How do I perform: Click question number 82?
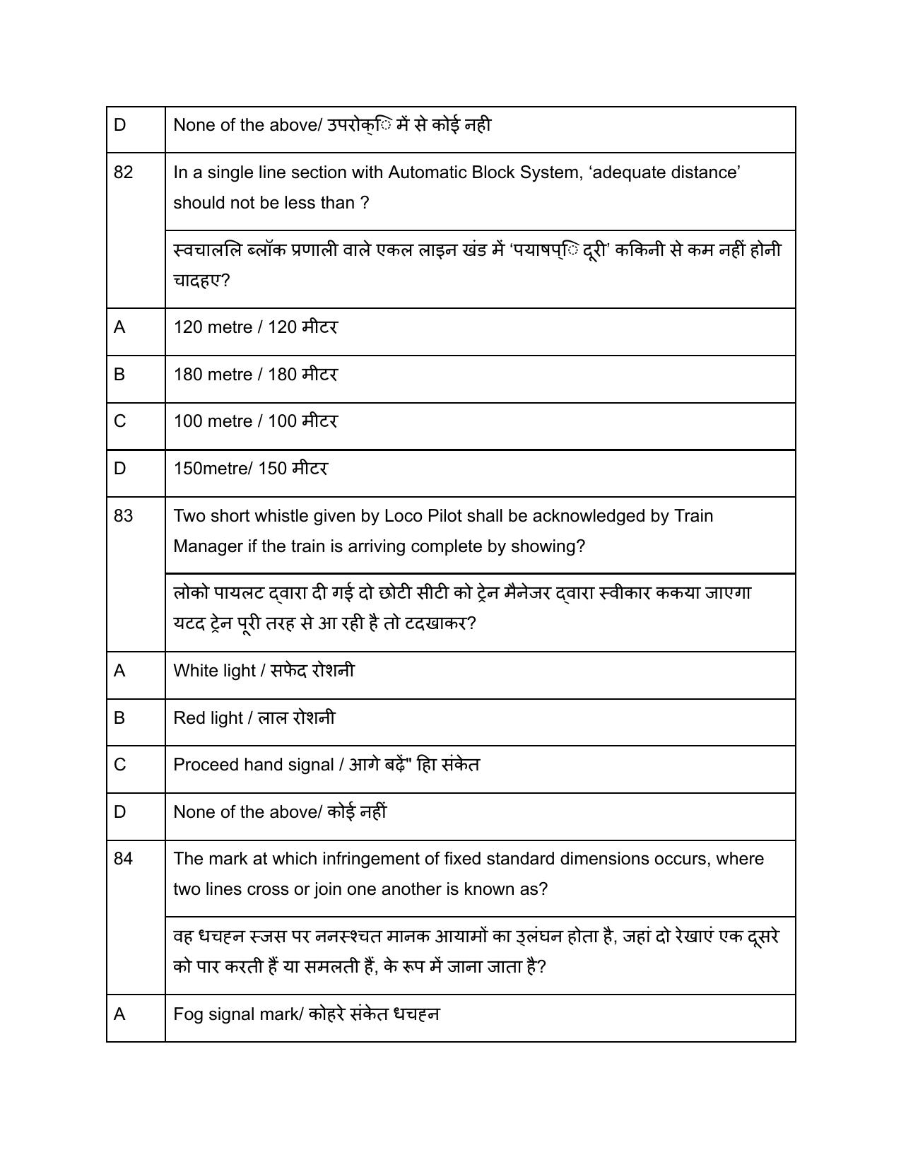(x=123, y=172)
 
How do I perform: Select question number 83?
(x=123, y=516)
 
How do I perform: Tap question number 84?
(x=123, y=859)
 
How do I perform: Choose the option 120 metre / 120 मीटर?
(x=255, y=327)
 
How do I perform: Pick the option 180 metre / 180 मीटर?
(x=255, y=375)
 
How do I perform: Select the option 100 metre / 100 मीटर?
(x=255, y=421)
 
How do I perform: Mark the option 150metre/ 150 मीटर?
(x=250, y=469)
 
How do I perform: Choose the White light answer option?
(x=264, y=671)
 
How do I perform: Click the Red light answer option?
(x=254, y=718)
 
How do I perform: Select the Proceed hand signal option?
(x=326, y=765)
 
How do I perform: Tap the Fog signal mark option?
(x=306, y=1014)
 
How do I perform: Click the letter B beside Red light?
(x=119, y=718)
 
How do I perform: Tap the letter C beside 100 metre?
(x=119, y=421)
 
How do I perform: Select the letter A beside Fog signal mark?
(x=119, y=1014)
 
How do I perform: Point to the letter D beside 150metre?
(x=119, y=469)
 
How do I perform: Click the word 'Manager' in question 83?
(x=205, y=546)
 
